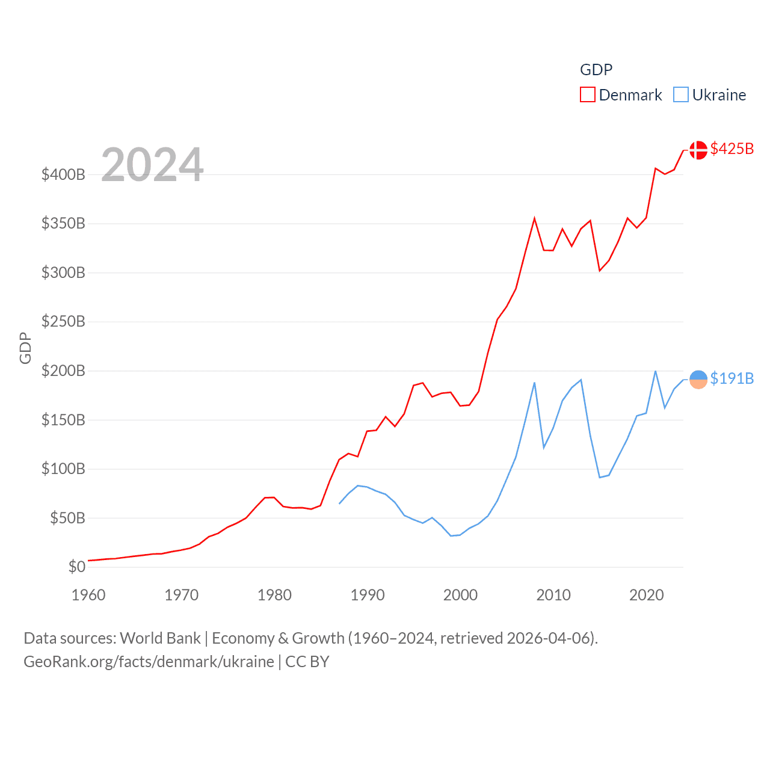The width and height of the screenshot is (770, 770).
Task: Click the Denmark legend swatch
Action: point(587,95)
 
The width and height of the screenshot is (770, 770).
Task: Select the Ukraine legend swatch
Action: point(680,95)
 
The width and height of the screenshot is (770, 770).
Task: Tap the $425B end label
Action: point(731,149)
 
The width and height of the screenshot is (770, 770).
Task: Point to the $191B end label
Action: point(731,378)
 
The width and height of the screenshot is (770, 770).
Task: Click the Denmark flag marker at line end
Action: point(698,150)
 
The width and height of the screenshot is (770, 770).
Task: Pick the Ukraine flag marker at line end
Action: point(698,380)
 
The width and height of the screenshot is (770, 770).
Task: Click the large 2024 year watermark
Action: point(152,165)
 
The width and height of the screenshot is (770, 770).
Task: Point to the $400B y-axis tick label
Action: point(63,175)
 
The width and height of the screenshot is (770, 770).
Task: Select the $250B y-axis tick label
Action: point(63,322)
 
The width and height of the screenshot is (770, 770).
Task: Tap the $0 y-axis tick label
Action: point(76,567)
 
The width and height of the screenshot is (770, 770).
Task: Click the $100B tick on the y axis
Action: point(63,469)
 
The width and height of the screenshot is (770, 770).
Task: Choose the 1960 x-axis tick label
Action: point(88,595)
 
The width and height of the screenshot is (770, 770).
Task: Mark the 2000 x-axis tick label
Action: point(460,595)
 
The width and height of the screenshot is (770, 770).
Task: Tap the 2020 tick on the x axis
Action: point(646,595)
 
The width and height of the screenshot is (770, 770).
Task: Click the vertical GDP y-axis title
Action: point(25,348)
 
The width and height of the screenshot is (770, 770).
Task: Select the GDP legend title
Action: point(596,70)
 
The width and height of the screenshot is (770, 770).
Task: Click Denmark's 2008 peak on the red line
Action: point(534,218)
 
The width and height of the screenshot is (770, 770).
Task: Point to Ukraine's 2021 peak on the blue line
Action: point(655,371)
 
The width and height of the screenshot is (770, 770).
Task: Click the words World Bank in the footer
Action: point(160,638)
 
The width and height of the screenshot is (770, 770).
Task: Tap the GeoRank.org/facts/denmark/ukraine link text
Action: point(149,662)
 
